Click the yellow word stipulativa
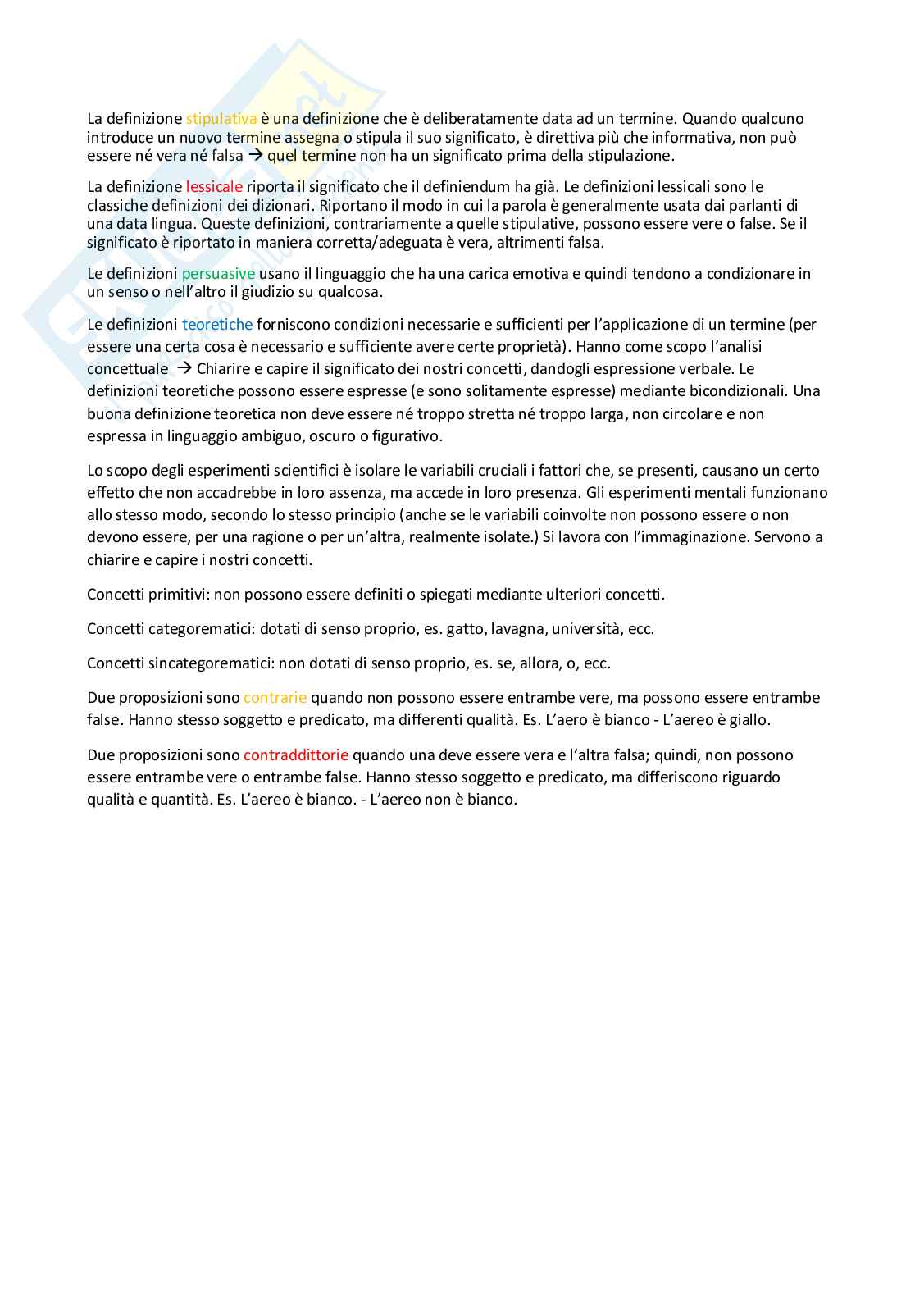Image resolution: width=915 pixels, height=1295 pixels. pos(221,119)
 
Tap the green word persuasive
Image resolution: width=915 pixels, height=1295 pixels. pos(218,273)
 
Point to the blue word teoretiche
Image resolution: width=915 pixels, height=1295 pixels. pos(217,325)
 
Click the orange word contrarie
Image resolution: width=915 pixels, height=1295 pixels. pos(275,698)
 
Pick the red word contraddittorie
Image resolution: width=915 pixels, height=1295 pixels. pos(296,755)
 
